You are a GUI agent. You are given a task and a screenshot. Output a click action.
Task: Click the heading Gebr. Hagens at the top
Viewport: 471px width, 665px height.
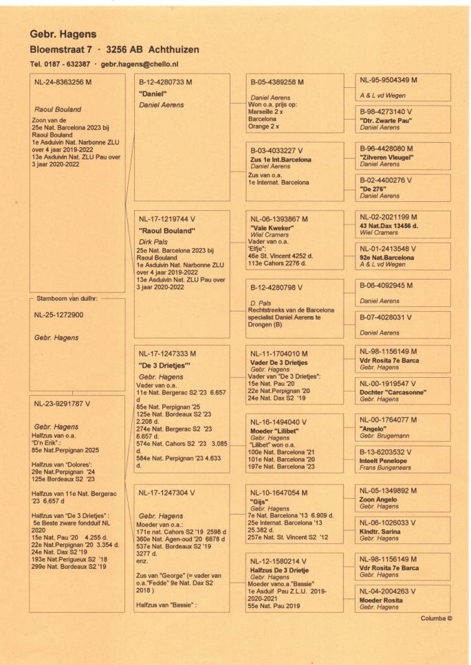[63, 33]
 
